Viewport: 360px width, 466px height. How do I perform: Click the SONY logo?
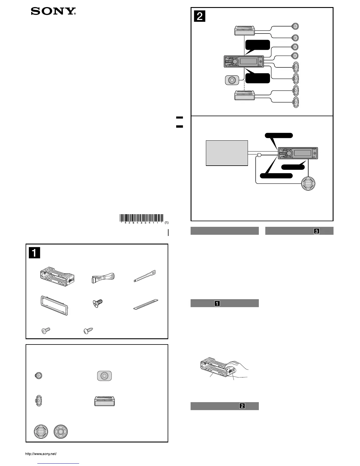coord(54,11)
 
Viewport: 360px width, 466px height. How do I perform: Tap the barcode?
coord(141,218)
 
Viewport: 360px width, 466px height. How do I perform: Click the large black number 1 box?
coord(34,252)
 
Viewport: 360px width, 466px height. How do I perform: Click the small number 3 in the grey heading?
coord(316,231)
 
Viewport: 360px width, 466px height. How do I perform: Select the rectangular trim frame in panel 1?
coord(54,305)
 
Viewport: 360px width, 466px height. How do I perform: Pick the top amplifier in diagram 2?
coord(244,30)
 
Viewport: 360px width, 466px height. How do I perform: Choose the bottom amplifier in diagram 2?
coord(244,95)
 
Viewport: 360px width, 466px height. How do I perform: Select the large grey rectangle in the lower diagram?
coord(227,153)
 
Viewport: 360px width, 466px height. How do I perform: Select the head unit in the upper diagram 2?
coord(244,62)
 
